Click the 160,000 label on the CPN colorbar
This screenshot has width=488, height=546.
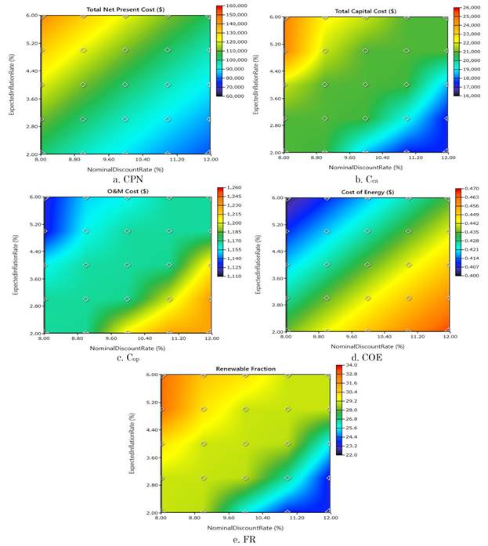pos(235,8)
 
